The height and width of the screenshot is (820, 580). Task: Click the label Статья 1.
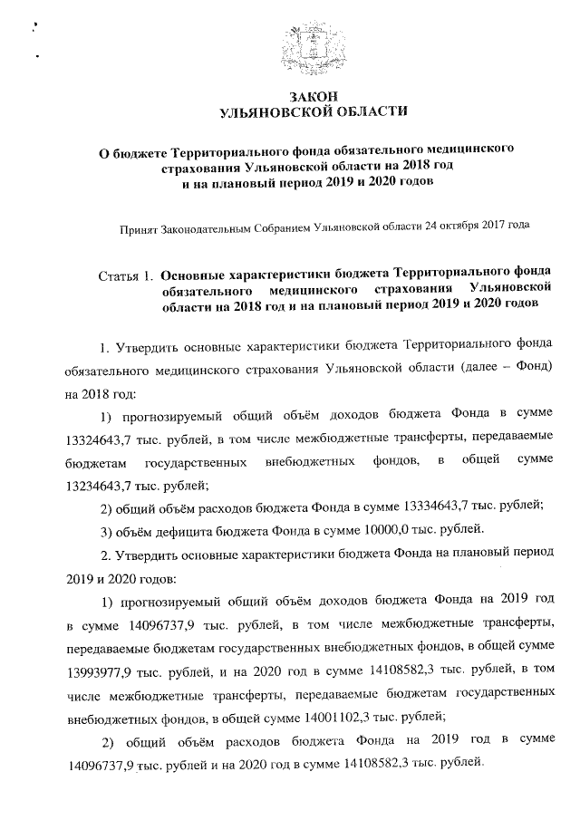124,273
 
